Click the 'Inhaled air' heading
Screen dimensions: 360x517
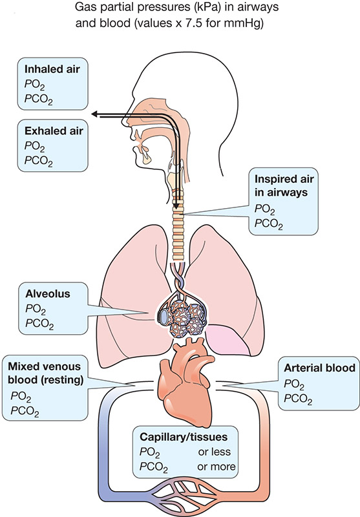tap(52, 69)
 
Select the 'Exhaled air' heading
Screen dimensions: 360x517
tap(54, 131)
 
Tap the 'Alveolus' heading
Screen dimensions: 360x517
tap(48, 294)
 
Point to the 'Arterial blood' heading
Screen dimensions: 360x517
tap(319, 368)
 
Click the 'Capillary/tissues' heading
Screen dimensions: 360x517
tap(184, 438)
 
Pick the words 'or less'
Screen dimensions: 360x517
tap(215, 452)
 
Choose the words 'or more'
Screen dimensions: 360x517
tap(217, 467)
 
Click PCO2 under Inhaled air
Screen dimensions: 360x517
tap(39, 100)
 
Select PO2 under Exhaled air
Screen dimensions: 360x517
tap(35, 147)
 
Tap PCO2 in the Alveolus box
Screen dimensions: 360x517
tap(39, 324)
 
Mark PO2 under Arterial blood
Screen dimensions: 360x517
tap(294, 385)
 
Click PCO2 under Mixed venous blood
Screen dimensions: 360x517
tap(25, 411)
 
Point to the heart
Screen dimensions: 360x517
tap(186, 382)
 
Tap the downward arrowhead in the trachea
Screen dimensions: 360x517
tap(177, 206)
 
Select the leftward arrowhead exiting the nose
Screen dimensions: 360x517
tap(96, 114)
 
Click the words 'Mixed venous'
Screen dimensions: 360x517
tap(44, 366)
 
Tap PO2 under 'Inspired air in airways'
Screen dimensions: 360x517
tap(265, 209)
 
